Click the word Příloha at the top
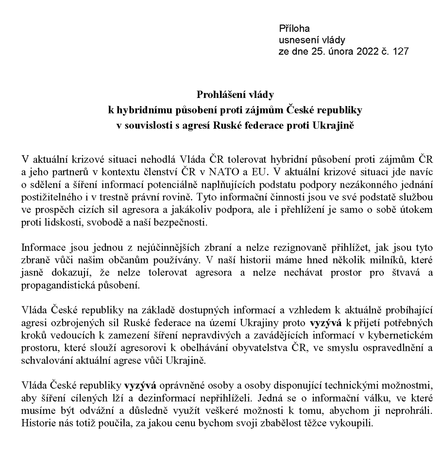(294, 28)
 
